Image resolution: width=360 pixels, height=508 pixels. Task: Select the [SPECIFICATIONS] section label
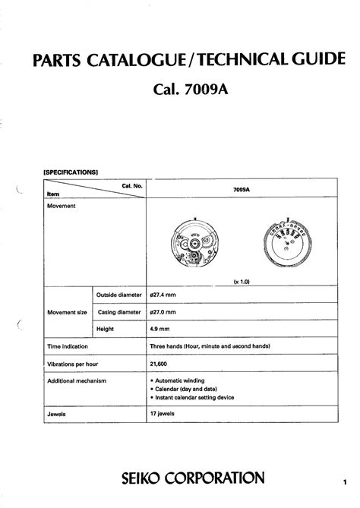[x=72, y=172]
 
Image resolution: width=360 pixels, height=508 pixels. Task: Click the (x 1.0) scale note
[x=242, y=280]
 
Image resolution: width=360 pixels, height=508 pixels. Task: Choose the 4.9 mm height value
[x=160, y=328]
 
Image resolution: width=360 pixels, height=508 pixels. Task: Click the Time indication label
[x=71, y=346]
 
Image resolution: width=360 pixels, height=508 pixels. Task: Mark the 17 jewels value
[x=164, y=415]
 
